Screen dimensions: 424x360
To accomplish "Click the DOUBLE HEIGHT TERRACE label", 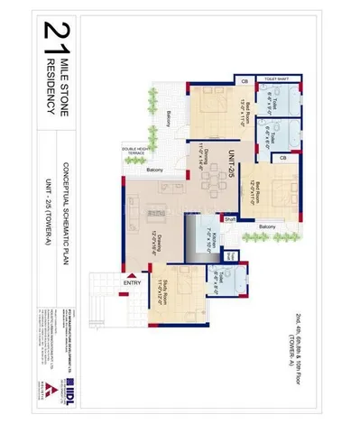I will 134,152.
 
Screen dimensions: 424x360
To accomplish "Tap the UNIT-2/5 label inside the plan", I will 232,161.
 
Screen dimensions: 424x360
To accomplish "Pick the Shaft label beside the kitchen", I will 230,217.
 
